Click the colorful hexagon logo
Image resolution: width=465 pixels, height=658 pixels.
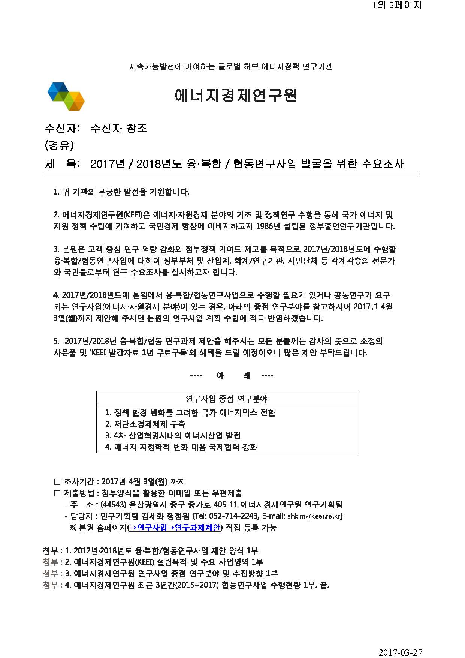pos(66,96)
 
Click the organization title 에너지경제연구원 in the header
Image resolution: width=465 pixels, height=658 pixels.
pos(236,96)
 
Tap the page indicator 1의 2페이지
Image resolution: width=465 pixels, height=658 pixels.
pos(397,5)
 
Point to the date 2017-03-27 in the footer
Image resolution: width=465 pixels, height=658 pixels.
pos(400,653)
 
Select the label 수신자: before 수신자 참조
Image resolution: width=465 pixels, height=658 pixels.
pos(62,128)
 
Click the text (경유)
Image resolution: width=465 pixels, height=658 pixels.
pos(59,145)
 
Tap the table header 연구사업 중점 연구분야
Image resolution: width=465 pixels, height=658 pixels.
pos(226,399)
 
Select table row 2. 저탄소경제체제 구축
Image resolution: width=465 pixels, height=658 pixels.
pos(145,424)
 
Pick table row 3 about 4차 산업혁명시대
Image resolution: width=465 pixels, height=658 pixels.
pos(173,436)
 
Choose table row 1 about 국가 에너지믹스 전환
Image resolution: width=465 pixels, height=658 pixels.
pos(190,413)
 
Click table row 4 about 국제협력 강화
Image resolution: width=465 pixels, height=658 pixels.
pos(181,447)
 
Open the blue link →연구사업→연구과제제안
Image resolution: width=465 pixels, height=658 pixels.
pos(175,528)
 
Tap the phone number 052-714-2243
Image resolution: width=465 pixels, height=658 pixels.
pos(233,516)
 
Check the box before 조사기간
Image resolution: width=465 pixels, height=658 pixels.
pos(57,482)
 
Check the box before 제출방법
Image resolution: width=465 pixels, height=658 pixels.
pos(57,493)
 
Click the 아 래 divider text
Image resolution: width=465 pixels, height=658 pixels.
pos(232,376)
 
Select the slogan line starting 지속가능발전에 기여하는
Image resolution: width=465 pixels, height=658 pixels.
pos(230,67)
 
